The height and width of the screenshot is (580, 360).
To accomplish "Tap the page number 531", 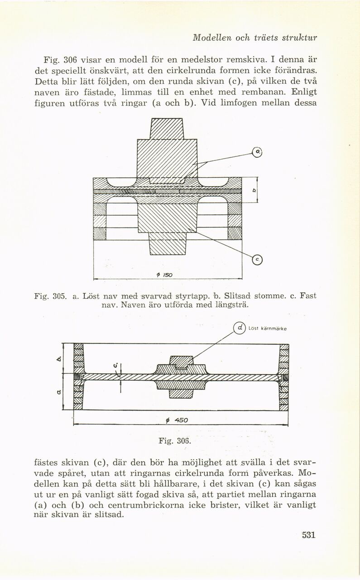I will click(308, 535).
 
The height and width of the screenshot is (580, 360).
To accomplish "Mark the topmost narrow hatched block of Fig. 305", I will click(166, 128).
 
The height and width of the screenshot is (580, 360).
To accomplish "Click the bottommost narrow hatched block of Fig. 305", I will click(167, 247).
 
